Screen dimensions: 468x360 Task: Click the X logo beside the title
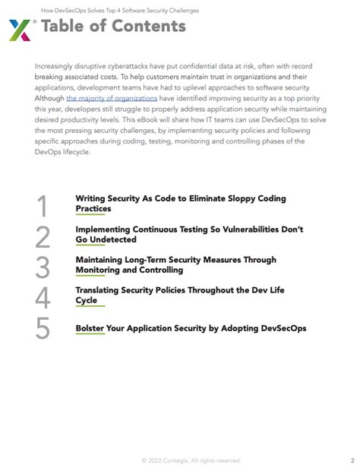click(x=20, y=30)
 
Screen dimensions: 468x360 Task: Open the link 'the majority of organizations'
click(x=112, y=99)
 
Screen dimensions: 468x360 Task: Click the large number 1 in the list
click(x=43, y=206)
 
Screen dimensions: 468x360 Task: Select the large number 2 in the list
click(x=43, y=237)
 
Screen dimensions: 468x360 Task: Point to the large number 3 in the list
click(x=43, y=267)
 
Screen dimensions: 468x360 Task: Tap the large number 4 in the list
click(x=43, y=298)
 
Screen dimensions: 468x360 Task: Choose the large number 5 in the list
click(x=43, y=328)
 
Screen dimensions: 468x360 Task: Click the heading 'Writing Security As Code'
click(x=180, y=198)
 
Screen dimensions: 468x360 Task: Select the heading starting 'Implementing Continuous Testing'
click(x=189, y=229)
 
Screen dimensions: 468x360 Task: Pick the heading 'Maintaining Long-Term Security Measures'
click(x=175, y=260)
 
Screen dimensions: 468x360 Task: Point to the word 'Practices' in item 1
click(x=93, y=208)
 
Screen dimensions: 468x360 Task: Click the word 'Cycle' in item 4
click(x=87, y=300)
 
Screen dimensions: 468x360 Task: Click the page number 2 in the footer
click(x=342, y=460)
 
